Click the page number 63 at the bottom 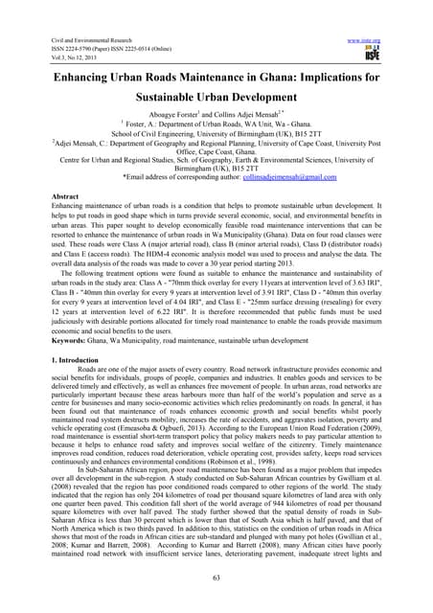(216, 602)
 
